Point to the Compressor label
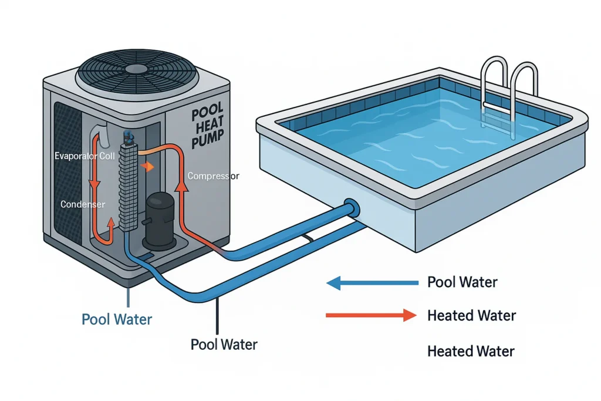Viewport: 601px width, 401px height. tap(213, 176)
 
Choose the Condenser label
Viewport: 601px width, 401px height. tap(83, 204)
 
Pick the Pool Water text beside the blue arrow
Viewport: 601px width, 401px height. tap(462, 282)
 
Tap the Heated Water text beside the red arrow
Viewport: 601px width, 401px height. tap(471, 316)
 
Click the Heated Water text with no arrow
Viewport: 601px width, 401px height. tap(471, 352)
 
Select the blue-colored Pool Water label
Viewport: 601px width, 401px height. tap(117, 320)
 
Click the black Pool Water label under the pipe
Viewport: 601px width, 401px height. tap(224, 344)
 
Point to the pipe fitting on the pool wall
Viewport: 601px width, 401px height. tap(352, 208)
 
